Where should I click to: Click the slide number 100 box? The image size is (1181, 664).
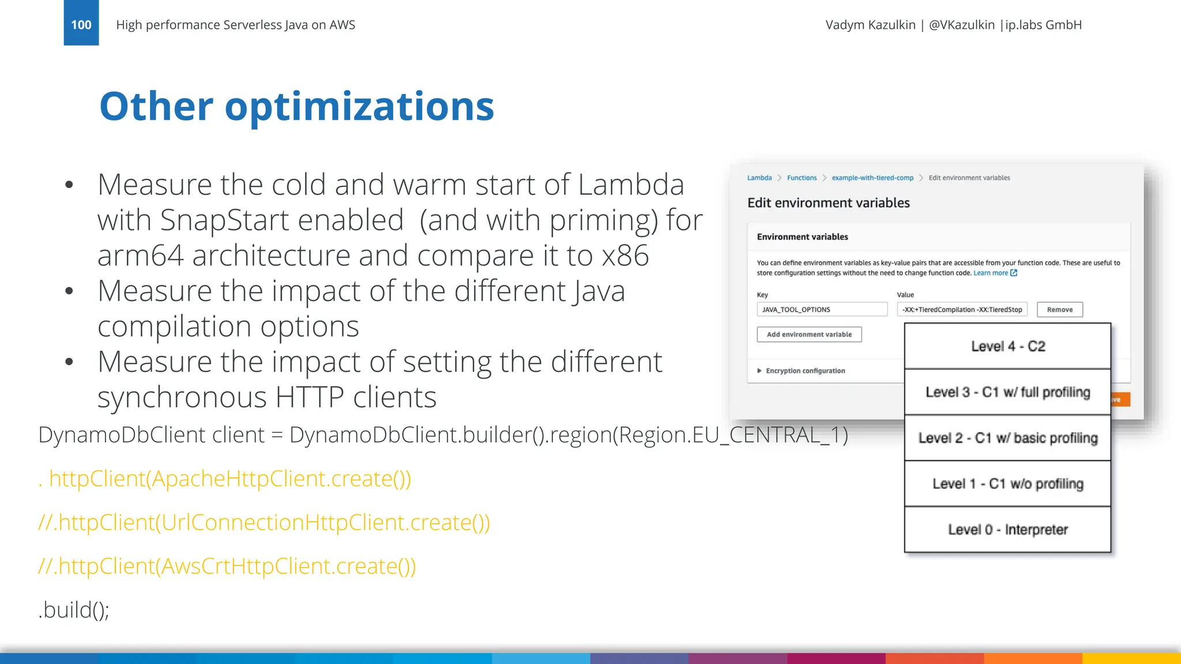[x=81, y=23]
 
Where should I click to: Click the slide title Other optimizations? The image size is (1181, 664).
[x=296, y=107]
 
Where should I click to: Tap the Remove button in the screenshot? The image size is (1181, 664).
[x=1059, y=310]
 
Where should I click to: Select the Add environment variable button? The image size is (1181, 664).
[x=809, y=334]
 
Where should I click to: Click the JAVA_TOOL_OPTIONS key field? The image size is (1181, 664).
[x=822, y=310]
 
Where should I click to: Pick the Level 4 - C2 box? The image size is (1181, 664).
[x=1007, y=346]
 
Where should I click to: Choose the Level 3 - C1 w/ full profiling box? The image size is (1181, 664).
[x=1007, y=393]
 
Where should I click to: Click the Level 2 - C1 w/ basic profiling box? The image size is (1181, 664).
[x=1007, y=438]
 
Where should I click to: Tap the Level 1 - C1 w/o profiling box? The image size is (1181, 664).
[x=1007, y=484]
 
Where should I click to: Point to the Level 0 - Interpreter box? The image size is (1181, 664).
[x=1007, y=530]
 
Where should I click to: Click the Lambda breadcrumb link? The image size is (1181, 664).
[x=759, y=178]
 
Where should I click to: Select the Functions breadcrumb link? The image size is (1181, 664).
[x=802, y=178]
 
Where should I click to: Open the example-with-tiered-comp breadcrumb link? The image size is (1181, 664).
[x=872, y=178]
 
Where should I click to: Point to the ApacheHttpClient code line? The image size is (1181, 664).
[x=225, y=478]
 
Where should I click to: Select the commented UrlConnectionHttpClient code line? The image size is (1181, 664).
[x=264, y=522]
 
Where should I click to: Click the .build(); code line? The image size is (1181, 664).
[x=74, y=610]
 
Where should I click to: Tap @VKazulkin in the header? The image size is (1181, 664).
[x=961, y=25]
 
